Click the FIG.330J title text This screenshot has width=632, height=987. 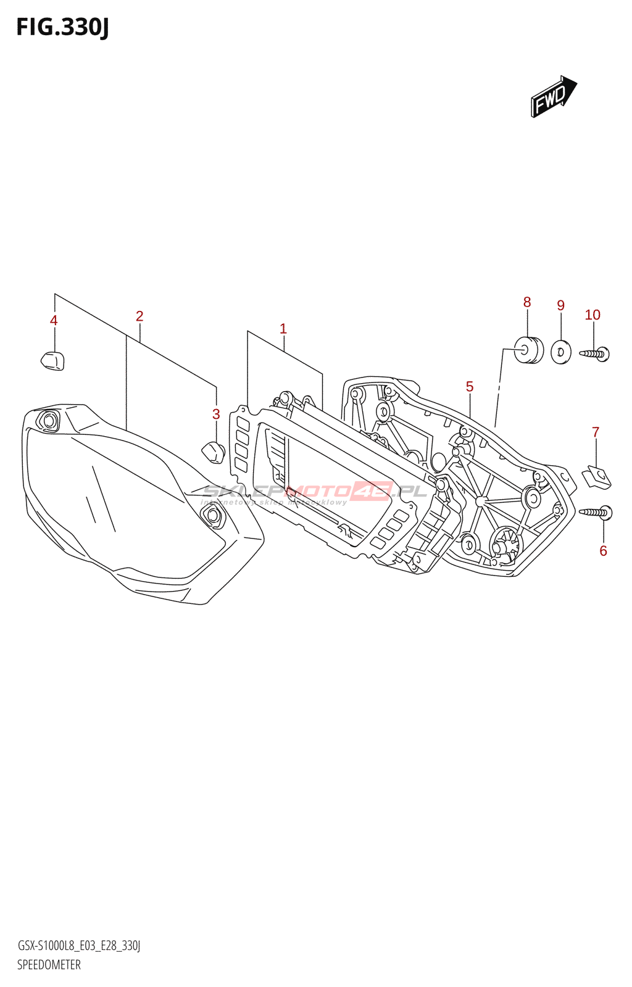(x=62, y=28)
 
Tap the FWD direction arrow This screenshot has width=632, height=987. (x=553, y=97)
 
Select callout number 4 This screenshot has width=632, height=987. (x=54, y=321)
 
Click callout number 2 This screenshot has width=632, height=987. (x=139, y=316)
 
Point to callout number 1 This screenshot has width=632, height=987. (x=283, y=329)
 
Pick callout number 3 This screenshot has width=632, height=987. (x=216, y=415)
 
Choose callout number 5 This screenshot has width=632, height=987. (x=470, y=387)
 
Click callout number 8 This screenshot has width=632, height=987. (x=527, y=302)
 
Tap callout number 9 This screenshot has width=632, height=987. (x=560, y=305)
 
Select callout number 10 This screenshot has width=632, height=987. (x=592, y=315)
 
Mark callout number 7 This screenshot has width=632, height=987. (x=596, y=432)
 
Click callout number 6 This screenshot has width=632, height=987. (x=603, y=551)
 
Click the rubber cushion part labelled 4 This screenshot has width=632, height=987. (x=52, y=360)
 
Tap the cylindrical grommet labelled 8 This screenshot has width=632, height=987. (x=528, y=350)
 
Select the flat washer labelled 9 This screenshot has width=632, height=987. (x=560, y=352)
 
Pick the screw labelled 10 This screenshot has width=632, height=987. (x=595, y=354)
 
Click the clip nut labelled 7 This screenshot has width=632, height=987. (x=597, y=477)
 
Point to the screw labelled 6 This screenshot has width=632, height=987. (x=596, y=512)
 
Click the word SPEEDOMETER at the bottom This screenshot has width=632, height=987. (x=49, y=965)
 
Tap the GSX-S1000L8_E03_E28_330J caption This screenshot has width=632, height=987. (x=79, y=946)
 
